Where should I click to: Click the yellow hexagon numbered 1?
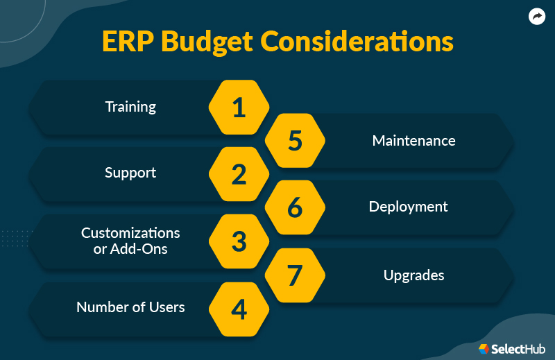[x=239, y=108]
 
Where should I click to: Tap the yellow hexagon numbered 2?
[x=239, y=174]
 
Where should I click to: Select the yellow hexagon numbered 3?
[x=239, y=241]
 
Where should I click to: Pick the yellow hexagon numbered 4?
[x=239, y=309]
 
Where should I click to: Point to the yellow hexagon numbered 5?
[x=296, y=141]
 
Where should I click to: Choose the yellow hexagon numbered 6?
[x=296, y=207]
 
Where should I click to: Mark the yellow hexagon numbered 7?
[x=296, y=275]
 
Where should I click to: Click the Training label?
[x=130, y=107]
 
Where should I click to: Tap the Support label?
[x=130, y=173]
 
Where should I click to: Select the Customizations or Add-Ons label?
[x=130, y=240]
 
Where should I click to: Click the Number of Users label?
[x=130, y=307]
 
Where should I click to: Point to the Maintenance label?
[x=413, y=141]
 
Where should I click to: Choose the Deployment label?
[x=408, y=207]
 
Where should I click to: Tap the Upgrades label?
[x=413, y=275]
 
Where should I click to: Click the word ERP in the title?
[x=128, y=42]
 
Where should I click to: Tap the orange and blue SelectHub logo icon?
[x=484, y=349]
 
